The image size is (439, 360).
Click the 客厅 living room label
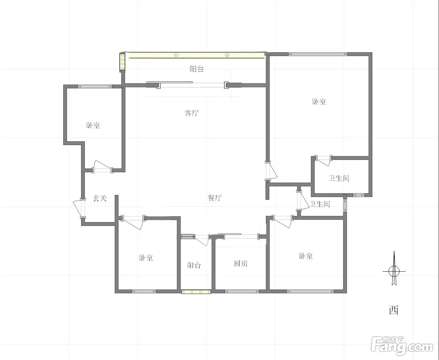click(x=191, y=113)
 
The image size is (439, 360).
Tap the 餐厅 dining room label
click(x=215, y=197)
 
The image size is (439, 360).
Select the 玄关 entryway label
click(x=100, y=198)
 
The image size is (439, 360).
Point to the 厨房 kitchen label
click(x=241, y=263)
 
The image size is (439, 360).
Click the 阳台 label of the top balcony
click(x=197, y=69)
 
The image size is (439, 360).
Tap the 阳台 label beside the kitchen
click(x=194, y=265)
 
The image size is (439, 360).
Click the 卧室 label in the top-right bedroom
click(x=319, y=102)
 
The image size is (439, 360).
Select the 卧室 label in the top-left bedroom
click(x=93, y=125)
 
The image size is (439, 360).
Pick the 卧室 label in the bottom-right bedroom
click(x=306, y=256)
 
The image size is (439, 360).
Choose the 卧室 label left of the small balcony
click(x=146, y=258)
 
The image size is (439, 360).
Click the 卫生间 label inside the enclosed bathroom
click(x=339, y=178)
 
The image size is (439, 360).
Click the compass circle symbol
click(x=394, y=271)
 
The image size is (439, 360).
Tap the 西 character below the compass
click(x=394, y=310)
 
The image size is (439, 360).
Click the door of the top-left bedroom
click(x=102, y=166)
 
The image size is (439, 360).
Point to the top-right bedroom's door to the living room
click(x=272, y=171)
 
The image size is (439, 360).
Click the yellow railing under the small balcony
click(x=196, y=292)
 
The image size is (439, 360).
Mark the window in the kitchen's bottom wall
click(x=242, y=292)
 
